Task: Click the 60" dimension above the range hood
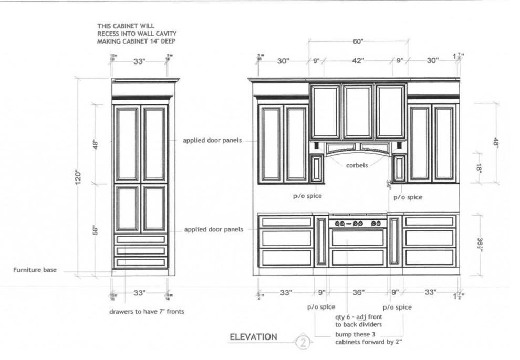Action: click(x=358, y=41)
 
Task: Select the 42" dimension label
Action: click(x=358, y=61)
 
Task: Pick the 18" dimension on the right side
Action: click(x=494, y=168)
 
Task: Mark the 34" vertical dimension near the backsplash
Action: click(x=389, y=185)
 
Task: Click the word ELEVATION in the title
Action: click(x=253, y=337)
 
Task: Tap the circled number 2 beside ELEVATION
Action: click(x=303, y=343)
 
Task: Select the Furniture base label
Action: click(x=35, y=270)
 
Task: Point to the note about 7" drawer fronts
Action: click(x=147, y=312)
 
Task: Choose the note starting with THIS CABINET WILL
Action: click(x=136, y=33)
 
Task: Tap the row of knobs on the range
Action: click(x=357, y=223)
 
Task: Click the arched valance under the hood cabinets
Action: click(x=358, y=151)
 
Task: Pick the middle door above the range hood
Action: click(x=358, y=111)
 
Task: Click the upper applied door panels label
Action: click(x=212, y=140)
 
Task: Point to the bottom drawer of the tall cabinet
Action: click(x=140, y=262)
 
